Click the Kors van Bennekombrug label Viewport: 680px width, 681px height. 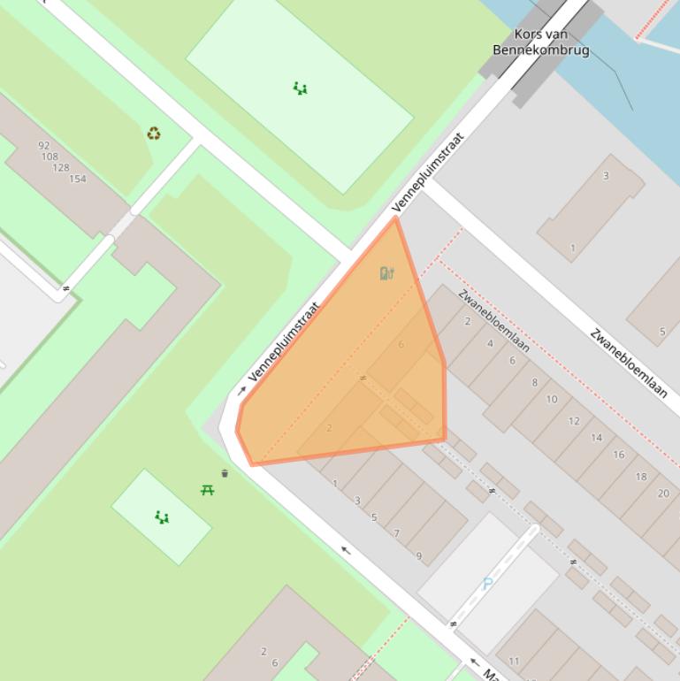[x=540, y=42]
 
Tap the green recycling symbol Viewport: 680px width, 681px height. [x=154, y=134]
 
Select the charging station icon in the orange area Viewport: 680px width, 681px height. [x=386, y=273]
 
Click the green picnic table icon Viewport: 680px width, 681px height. [x=207, y=489]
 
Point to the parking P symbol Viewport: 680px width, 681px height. [x=487, y=584]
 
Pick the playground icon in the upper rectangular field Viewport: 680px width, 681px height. [x=300, y=88]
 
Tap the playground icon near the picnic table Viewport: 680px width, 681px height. [x=162, y=517]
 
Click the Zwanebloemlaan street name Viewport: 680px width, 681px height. [x=629, y=363]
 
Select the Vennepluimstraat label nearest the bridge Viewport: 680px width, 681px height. [x=428, y=173]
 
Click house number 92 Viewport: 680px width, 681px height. [x=44, y=145]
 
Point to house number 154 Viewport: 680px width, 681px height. [x=78, y=179]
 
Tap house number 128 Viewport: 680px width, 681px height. [x=61, y=167]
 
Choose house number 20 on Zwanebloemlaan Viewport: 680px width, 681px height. [x=663, y=494]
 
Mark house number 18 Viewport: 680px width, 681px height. [x=641, y=476]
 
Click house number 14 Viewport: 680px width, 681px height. [x=596, y=437]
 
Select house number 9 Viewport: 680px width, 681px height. [x=419, y=556]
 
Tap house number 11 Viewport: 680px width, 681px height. [x=514, y=661]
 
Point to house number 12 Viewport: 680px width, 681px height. [x=574, y=421]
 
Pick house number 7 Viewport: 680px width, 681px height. [x=396, y=533]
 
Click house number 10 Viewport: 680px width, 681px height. [x=552, y=399]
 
